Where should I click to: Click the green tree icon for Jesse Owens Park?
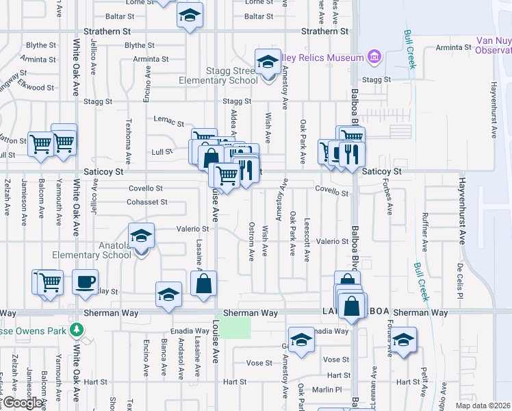coord(77,329)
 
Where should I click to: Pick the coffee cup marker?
coord(86,282)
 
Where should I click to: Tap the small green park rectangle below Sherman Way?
coord(237,327)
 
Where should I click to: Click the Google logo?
coord(22,403)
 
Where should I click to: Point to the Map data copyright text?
coord(483,406)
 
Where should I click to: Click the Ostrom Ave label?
coord(252,240)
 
